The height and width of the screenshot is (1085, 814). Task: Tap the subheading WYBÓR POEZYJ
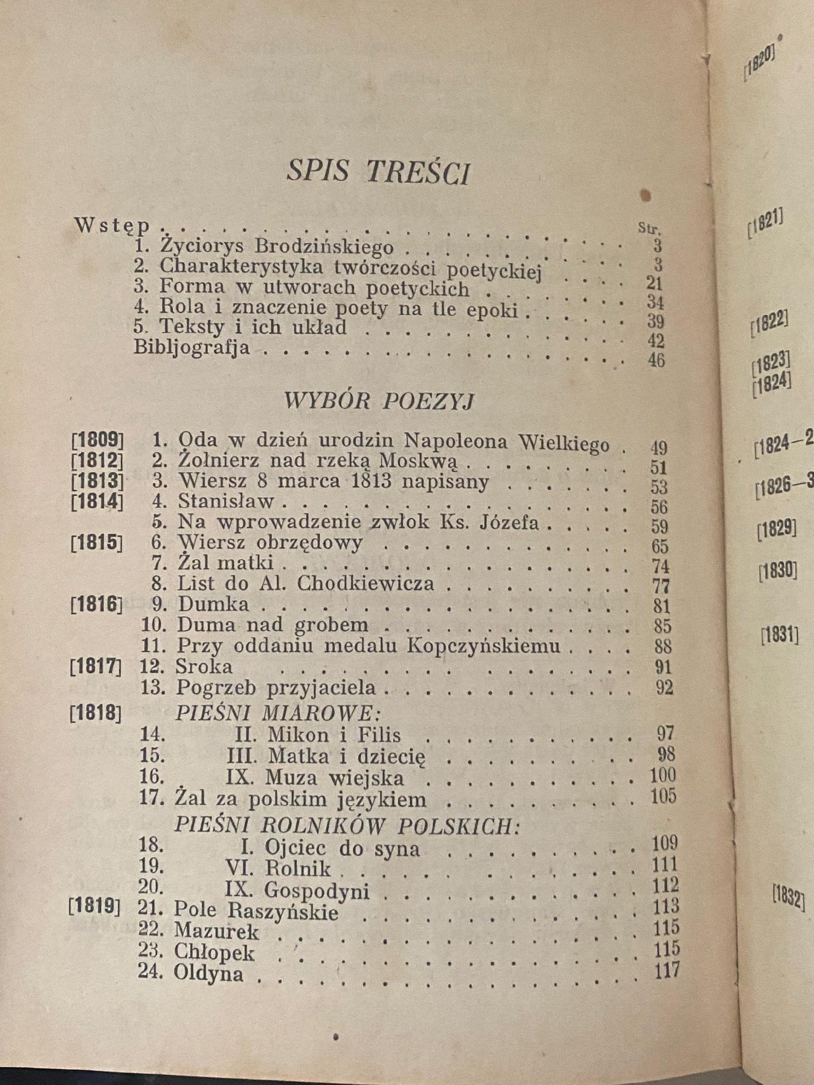(379, 401)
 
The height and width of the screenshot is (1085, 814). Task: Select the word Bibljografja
(192, 347)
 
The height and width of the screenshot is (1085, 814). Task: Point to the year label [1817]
(96, 667)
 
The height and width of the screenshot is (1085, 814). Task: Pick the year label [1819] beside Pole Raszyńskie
(94, 908)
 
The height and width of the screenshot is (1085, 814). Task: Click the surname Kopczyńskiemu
(483, 645)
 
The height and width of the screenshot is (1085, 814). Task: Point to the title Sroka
(204, 667)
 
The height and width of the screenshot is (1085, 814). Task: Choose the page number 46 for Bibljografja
(656, 360)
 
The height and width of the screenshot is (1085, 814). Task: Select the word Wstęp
(113, 225)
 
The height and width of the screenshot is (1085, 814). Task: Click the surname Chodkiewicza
(365, 583)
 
